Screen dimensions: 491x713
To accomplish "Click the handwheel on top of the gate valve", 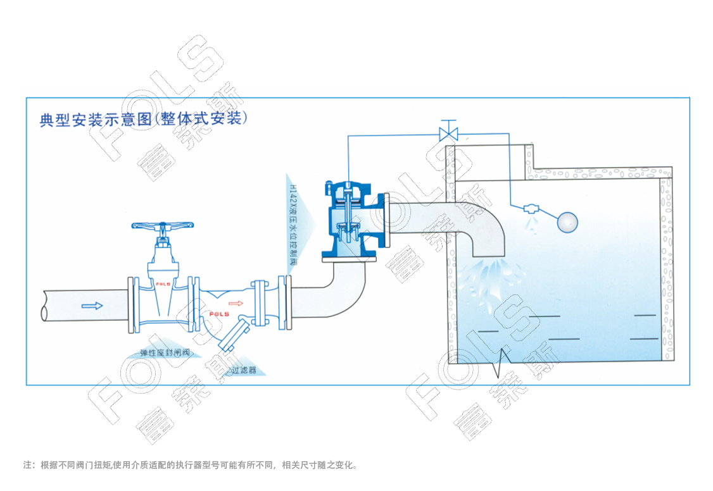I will click(x=163, y=225).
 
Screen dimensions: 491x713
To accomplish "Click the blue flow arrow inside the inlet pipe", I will click(x=92, y=306).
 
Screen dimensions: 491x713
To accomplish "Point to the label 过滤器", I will click(x=244, y=370).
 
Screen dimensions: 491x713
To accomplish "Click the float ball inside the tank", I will click(x=566, y=221).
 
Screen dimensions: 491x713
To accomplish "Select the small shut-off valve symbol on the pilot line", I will click(x=450, y=133).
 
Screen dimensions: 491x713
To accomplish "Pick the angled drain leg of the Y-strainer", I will click(x=232, y=335).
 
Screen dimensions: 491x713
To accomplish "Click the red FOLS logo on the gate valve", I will click(x=163, y=285).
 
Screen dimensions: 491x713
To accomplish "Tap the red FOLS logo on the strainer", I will click(x=219, y=314).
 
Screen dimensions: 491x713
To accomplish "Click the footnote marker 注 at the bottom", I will click(x=27, y=465).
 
